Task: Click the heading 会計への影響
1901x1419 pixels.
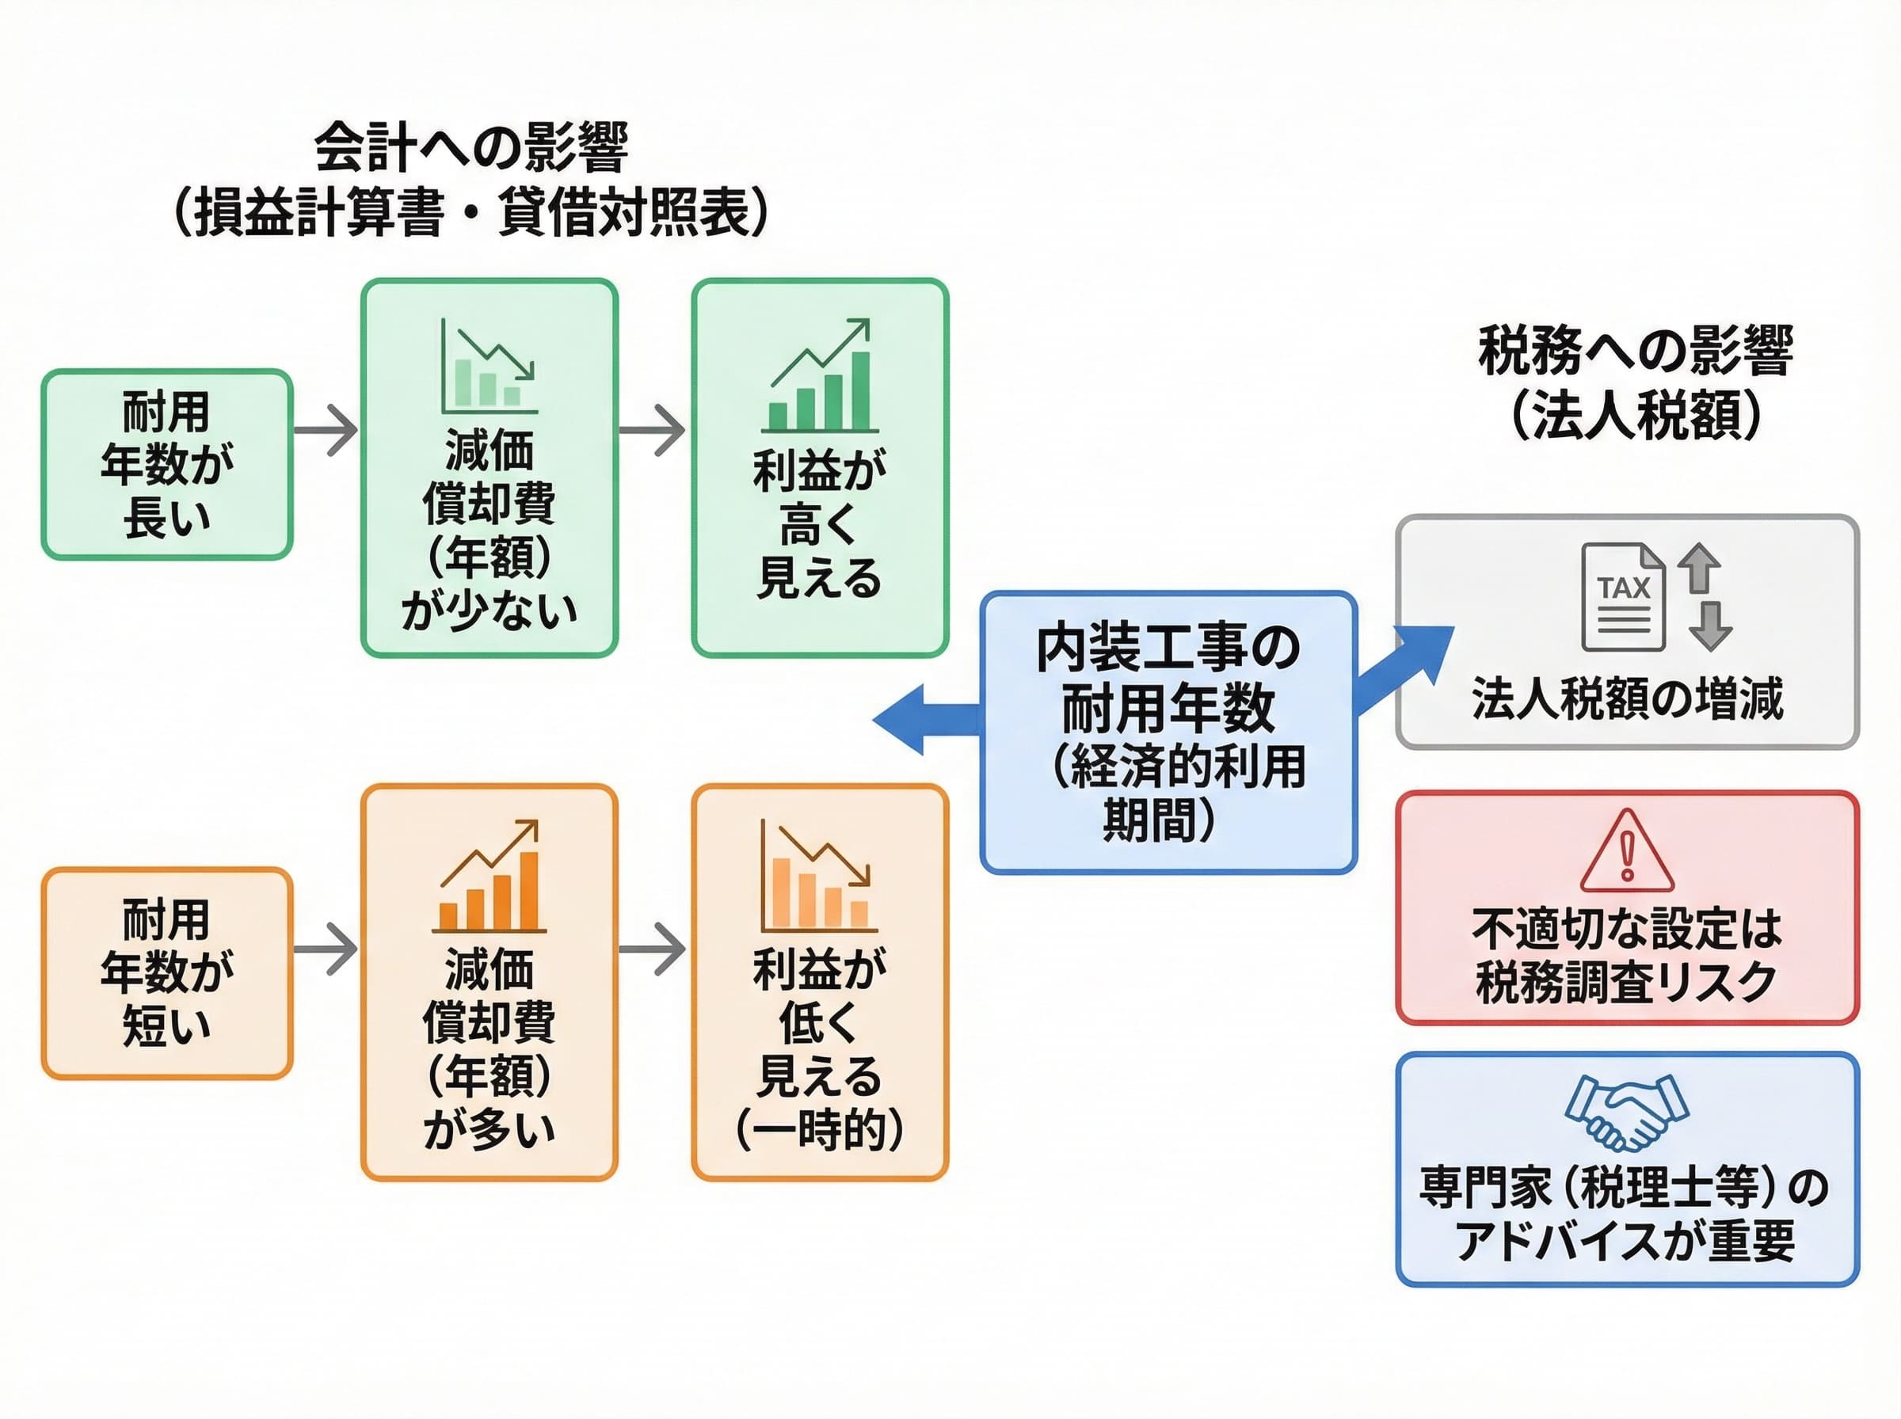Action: point(470,148)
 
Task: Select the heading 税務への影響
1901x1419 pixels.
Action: point(1635,351)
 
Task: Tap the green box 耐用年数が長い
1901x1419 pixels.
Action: point(167,465)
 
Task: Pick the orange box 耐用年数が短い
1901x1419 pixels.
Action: point(167,972)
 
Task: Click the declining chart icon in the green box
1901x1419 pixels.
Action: point(489,367)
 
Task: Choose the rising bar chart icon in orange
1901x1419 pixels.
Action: point(489,877)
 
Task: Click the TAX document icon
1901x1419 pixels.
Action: point(1623,598)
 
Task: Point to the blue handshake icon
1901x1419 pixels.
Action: point(1626,1112)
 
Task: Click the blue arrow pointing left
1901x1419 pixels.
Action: point(924,719)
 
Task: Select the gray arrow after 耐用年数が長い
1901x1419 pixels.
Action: point(326,429)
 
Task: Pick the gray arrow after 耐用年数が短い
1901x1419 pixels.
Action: point(326,949)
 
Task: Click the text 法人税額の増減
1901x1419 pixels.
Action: point(1627,698)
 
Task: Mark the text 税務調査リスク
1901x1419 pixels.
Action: point(1626,982)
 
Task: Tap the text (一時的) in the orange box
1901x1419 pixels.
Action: point(820,1131)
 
